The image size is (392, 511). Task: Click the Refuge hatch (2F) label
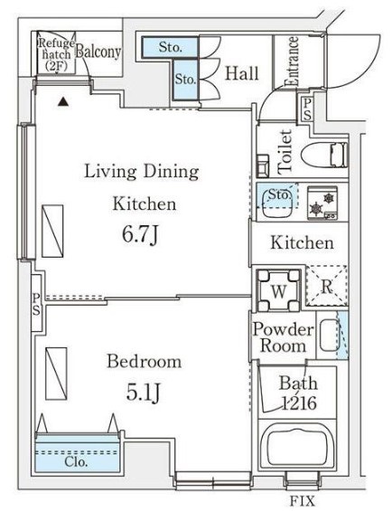56,55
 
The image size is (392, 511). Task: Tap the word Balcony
98,52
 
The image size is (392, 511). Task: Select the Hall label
242,73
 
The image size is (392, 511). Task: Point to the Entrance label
292,62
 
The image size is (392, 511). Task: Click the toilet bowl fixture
324,156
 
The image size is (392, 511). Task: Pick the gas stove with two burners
322,203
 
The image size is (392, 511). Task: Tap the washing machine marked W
278,290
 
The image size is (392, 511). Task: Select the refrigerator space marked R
327,286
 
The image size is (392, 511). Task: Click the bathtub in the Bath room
297,445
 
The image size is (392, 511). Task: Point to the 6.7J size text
140,235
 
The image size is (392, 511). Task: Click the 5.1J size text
144,393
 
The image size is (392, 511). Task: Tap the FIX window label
303,500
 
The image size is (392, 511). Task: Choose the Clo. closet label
76,461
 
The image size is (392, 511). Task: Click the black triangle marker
63,102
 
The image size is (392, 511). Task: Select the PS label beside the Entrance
307,109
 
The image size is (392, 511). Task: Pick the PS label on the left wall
36,305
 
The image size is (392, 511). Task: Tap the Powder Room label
283,337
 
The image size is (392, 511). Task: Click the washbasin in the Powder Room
330,336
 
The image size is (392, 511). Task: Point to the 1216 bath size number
299,403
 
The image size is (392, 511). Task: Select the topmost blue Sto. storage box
170,48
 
